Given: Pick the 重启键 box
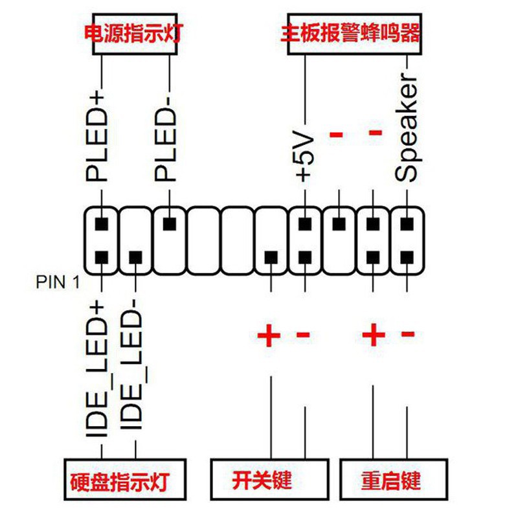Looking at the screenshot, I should (392, 480).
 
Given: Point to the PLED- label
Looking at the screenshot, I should (167, 142).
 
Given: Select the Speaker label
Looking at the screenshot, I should (409, 129).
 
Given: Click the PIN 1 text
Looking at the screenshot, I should (57, 282).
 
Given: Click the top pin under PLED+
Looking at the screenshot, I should (101, 224).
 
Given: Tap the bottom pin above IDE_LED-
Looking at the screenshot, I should (135, 258).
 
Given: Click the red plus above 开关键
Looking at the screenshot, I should (269, 335).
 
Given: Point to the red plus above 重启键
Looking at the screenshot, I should (374, 335).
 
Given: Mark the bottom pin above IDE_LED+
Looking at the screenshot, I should (101, 258).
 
